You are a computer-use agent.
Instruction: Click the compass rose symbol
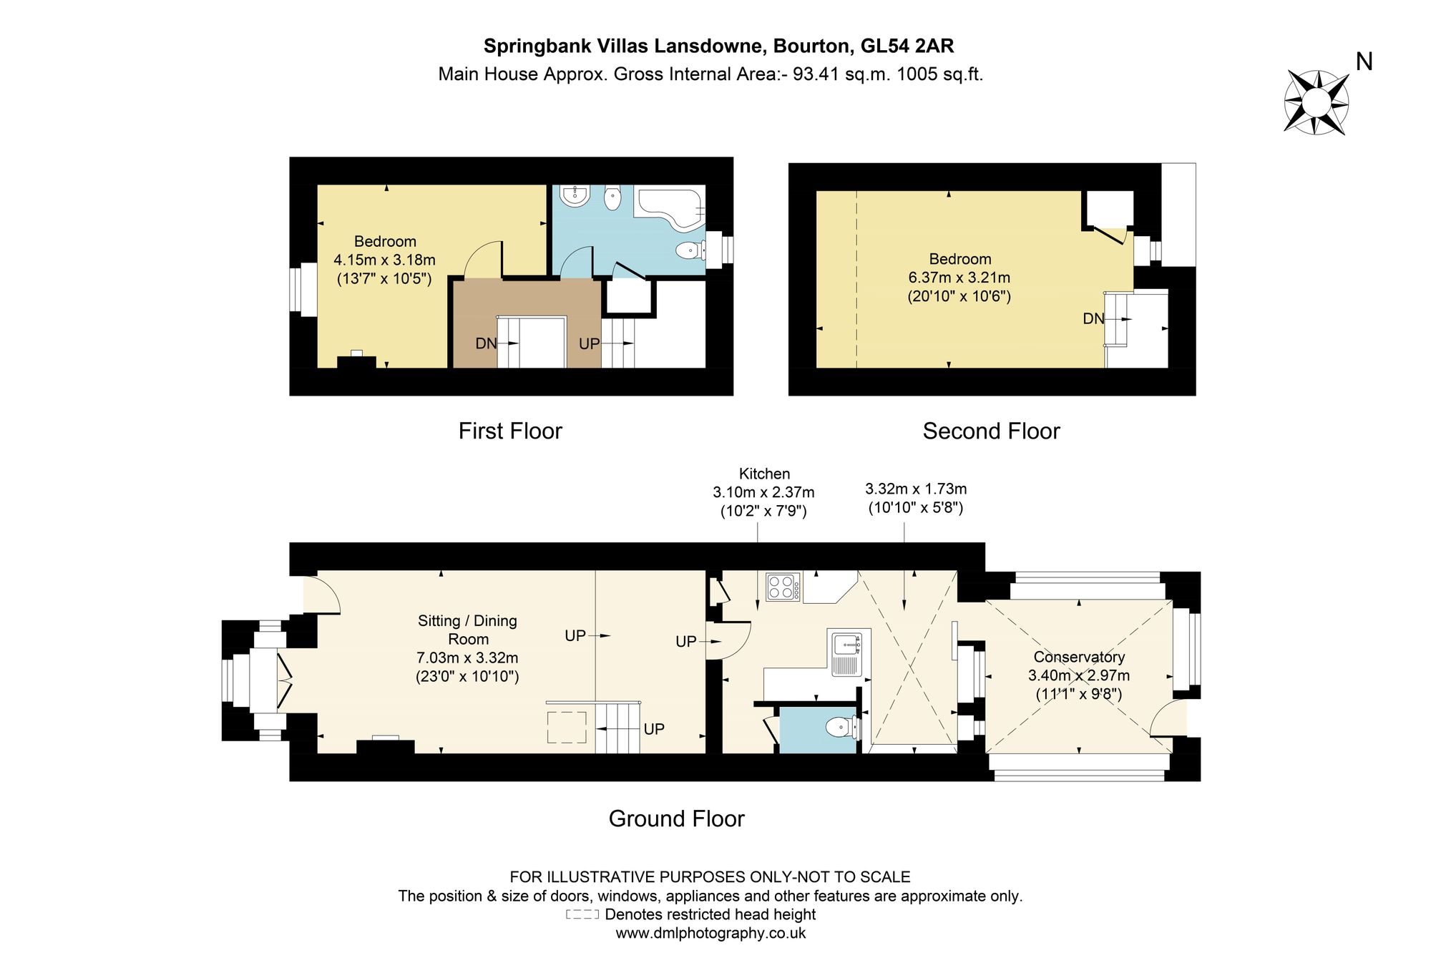(x=1316, y=102)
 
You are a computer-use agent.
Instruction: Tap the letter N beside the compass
(x=1364, y=62)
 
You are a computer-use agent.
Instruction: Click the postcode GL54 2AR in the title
(x=907, y=46)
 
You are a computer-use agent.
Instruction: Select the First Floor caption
(x=510, y=431)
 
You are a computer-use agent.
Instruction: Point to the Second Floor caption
(x=991, y=431)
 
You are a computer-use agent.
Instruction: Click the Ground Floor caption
(x=676, y=818)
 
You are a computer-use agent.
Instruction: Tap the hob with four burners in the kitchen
(x=783, y=587)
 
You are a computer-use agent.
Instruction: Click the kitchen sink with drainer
(x=849, y=653)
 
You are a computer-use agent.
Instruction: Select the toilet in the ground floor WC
(x=842, y=728)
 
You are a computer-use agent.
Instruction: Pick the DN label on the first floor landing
(x=486, y=343)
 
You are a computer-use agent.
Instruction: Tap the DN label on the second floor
(x=1093, y=318)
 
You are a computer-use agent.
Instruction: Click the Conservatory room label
(x=1079, y=657)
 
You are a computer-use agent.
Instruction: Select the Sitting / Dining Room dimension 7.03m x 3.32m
(x=467, y=658)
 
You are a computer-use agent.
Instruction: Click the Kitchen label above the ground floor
(x=764, y=474)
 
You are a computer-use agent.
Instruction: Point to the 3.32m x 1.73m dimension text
(x=916, y=489)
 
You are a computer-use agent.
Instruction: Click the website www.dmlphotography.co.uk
(x=710, y=933)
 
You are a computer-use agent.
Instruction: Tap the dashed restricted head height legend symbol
(x=582, y=914)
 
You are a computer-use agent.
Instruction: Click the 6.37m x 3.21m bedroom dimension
(x=959, y=278)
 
